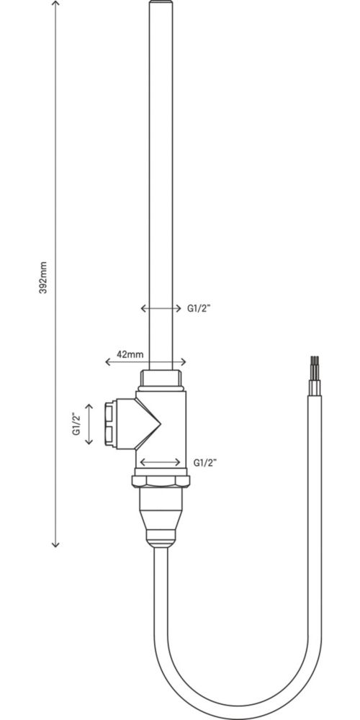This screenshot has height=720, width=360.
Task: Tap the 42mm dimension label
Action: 130,354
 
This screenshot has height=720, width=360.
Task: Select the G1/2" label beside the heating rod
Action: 199,309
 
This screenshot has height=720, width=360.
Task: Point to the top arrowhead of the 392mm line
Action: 55,4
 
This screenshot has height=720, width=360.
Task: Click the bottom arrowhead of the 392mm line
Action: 55,544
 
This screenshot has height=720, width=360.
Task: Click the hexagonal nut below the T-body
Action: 161,481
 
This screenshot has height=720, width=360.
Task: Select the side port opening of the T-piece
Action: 109,424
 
